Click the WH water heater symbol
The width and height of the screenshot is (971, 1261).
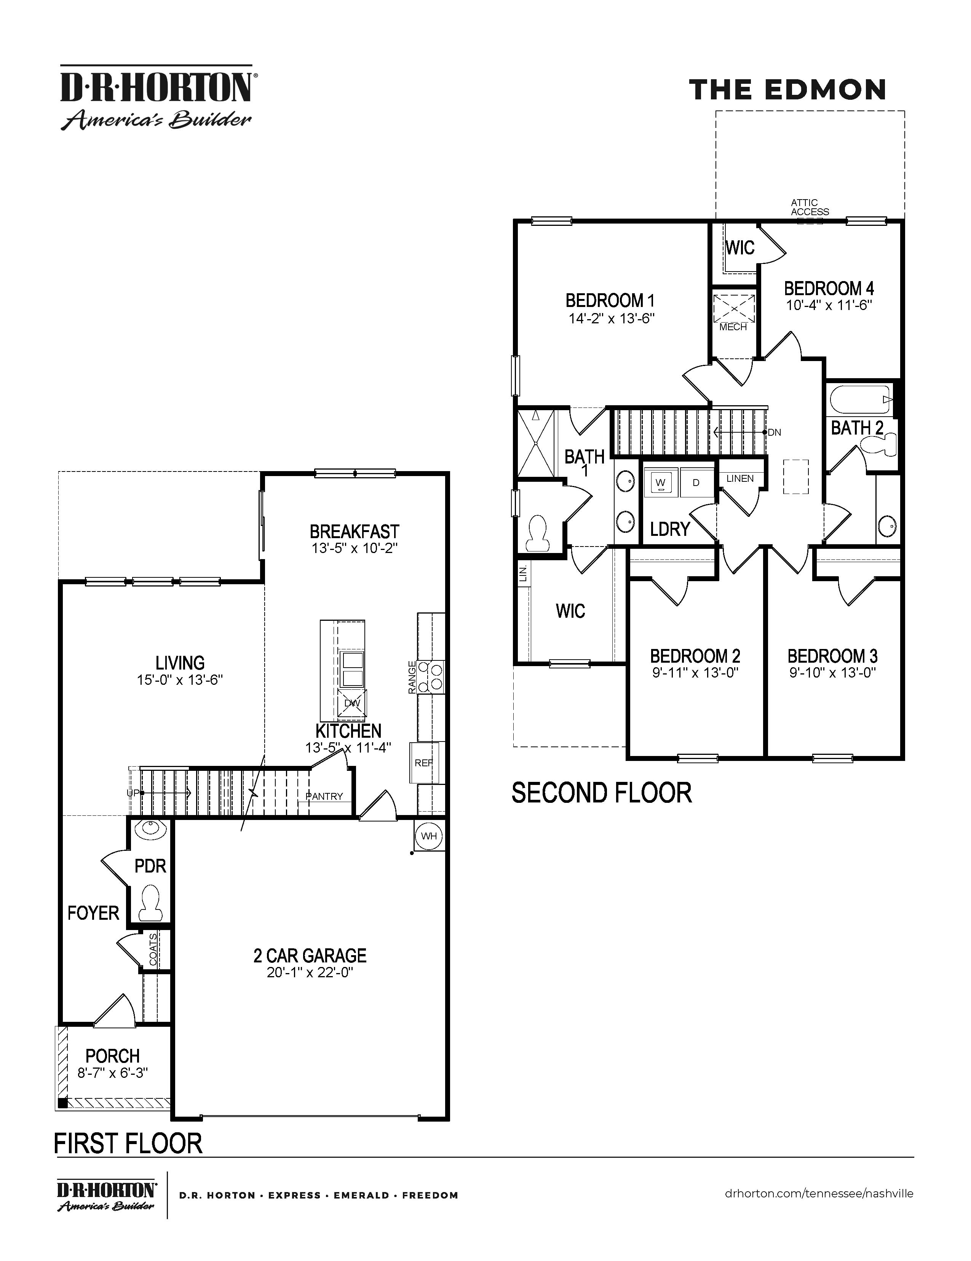[429, 836]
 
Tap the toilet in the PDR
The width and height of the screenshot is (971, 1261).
[151, 905]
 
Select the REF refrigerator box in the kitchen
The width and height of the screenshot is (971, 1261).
[424, 763]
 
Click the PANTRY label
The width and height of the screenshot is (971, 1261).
[324, 796]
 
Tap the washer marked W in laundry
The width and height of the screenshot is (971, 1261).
[660, 482]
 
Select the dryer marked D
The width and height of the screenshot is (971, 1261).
[696, 482]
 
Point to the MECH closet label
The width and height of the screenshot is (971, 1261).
[733, 327]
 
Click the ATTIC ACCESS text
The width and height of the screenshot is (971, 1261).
[810, 207]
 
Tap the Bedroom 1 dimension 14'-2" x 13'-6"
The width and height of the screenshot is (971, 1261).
[611, 318]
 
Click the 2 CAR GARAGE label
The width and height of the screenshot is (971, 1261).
[310, 956]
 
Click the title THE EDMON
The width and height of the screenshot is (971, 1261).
[787, 90]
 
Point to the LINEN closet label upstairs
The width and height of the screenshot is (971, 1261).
[740, 478]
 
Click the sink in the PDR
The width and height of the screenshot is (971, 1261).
[151, 830]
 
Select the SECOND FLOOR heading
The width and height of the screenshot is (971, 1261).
[602, 793]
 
